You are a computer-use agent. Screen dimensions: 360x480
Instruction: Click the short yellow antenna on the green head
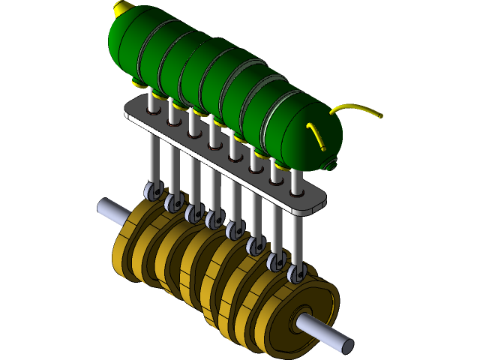[316, 136]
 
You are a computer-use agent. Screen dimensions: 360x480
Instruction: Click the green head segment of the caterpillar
[311, 135]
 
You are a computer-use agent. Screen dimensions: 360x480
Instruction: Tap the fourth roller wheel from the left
[214, 219]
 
